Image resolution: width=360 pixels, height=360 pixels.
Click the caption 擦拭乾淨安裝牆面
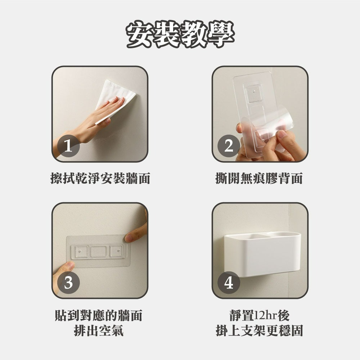[100, 178]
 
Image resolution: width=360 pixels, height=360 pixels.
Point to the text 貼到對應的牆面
[98, 315]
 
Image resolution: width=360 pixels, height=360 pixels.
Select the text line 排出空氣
[98, 330]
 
